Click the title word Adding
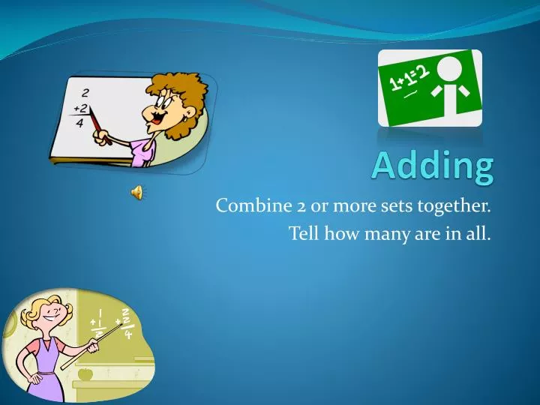[433, 166]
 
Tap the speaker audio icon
[137, 193]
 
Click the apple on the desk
[85, 373]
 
